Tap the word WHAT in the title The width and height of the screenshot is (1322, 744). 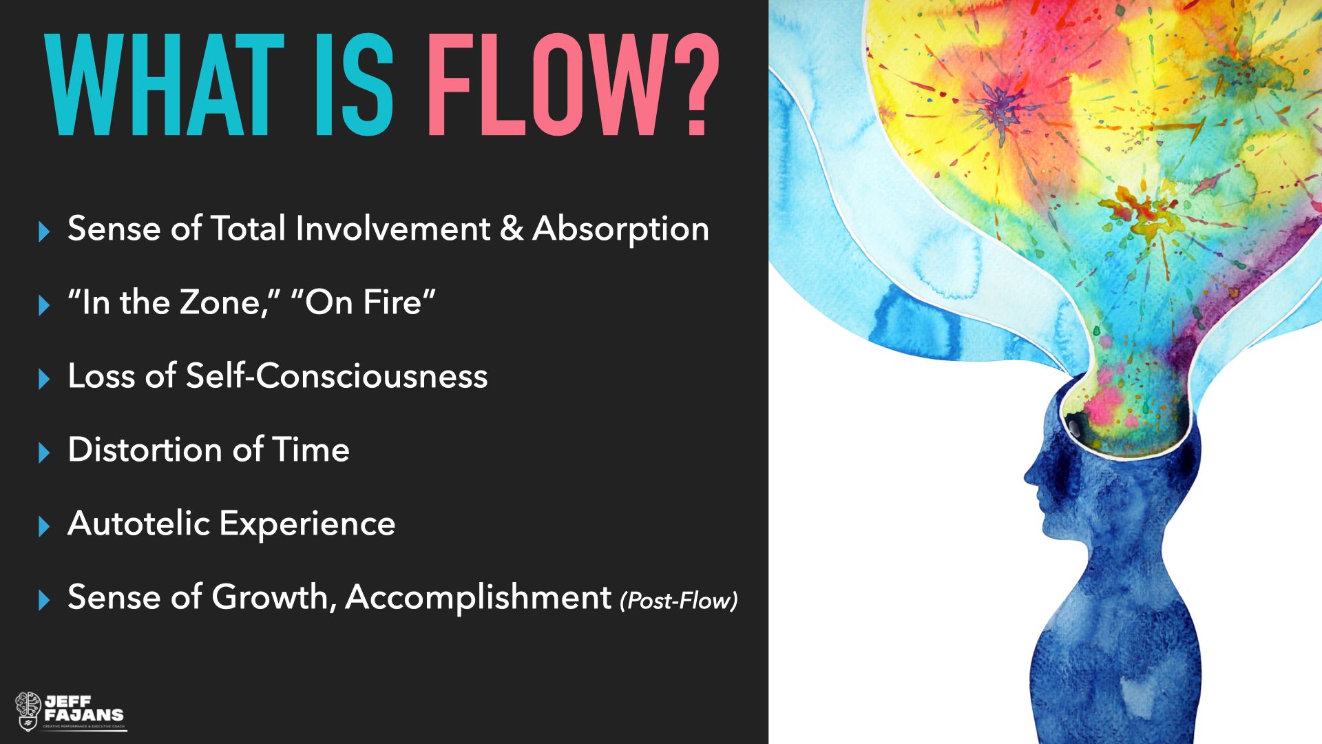[x=164, y=84]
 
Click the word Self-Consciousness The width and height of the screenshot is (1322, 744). [x=337, y=376]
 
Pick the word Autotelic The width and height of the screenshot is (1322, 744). [x=138, y=524]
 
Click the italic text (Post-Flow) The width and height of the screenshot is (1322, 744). [x=678, y=601]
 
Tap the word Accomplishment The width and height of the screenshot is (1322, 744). [x=479, y=597]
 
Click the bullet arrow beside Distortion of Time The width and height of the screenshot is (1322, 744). [x=45, y=453]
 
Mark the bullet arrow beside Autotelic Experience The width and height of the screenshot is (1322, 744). [x=45, y=526]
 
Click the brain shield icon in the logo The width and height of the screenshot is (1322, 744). [x=28, y=711]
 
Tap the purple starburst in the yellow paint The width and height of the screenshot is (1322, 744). [x=996, y=107]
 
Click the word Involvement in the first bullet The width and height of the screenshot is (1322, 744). [x=392, y=229]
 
